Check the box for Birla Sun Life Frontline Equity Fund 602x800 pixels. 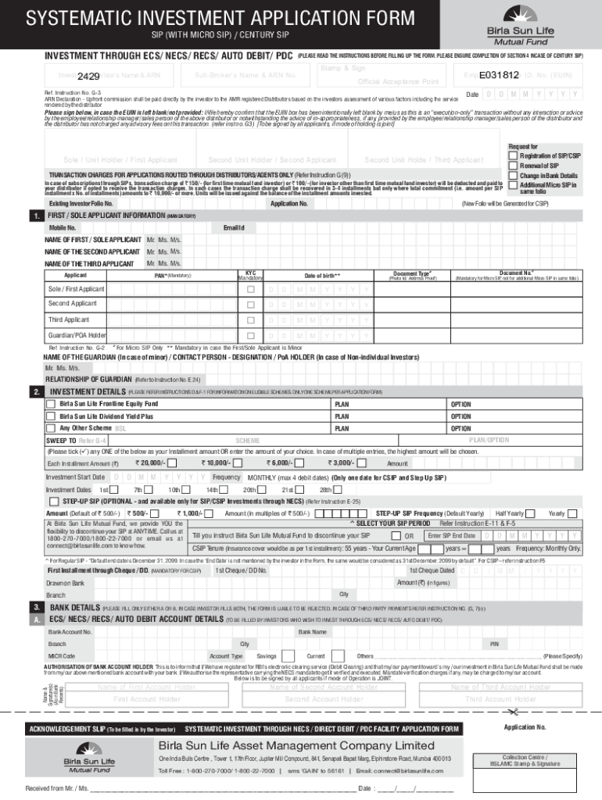click(53, 404)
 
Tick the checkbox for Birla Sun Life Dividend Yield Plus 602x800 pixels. click(53, 416)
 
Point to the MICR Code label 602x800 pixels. click(62, 655)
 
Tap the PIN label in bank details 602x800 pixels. click(494, 644)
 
